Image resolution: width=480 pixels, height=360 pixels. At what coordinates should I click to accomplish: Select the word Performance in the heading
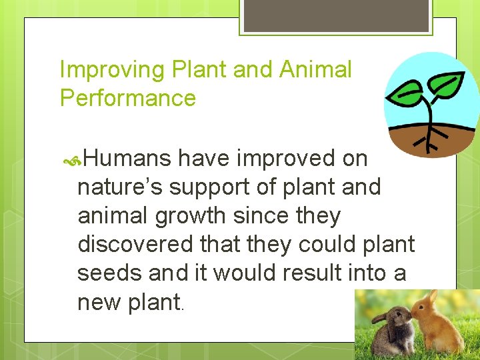tap(128, 98)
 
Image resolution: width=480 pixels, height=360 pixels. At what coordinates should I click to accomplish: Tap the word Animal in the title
tap(315, 69)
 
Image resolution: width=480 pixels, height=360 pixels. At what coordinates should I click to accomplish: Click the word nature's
tap(120, 187)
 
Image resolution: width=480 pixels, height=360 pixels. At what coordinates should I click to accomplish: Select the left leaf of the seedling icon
tap(407, 93)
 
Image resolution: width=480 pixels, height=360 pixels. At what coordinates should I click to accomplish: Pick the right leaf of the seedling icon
tap(444, 83)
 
